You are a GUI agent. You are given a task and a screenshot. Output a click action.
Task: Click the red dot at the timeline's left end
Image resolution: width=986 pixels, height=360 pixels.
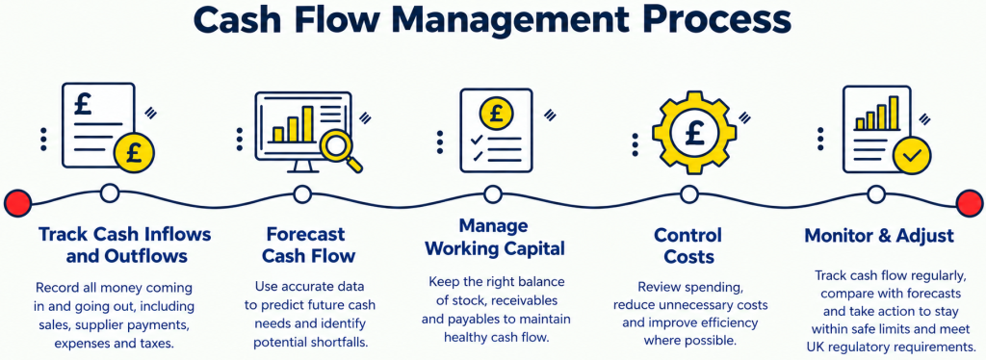(17, 203)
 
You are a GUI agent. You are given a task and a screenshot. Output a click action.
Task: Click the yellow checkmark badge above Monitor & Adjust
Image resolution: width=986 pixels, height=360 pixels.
(912, 155)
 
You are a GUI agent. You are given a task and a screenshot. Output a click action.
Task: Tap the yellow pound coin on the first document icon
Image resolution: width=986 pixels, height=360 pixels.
(134, 153)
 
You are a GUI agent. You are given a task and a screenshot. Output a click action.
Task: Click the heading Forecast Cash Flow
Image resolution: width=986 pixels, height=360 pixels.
(308, 245)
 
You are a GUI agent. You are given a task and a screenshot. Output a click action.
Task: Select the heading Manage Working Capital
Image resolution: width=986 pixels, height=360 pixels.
(494, 237)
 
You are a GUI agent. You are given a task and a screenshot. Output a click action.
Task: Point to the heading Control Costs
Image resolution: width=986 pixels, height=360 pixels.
(688, 245)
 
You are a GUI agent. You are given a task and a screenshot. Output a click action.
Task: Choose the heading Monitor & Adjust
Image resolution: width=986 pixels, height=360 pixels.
(879, 236)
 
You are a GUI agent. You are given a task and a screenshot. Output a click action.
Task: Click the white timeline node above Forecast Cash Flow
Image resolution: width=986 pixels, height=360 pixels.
(302, 194)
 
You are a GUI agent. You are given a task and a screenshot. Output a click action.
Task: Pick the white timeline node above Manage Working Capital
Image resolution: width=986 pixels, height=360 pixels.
(493, 194)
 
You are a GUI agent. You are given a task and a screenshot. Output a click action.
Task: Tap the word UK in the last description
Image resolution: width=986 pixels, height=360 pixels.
(815, 347)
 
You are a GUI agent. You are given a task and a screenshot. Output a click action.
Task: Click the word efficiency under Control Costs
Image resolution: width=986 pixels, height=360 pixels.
(729, 322)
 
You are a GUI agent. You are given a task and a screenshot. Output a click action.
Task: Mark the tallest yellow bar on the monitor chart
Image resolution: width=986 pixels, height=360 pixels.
(307, 123)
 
